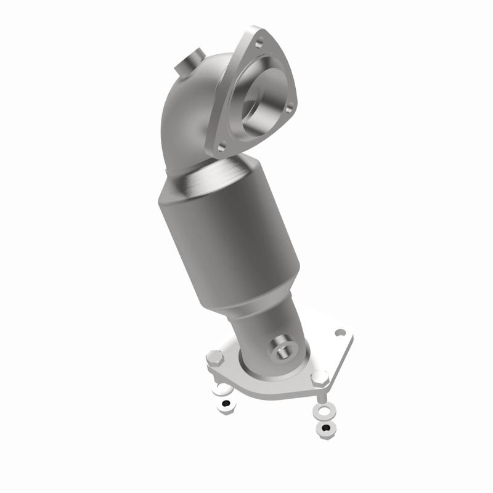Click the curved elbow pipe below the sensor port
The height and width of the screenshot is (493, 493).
(185, 117)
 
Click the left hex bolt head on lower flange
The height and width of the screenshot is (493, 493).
(214, 356)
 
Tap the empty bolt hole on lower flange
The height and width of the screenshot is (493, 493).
(340, 333)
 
